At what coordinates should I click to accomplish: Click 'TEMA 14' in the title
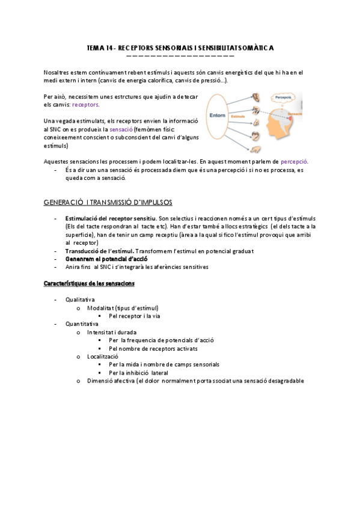coord(99,48)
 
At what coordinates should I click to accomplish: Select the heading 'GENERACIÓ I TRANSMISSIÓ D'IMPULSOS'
coord(109,202)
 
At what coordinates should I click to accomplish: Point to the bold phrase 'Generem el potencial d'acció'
coord(103,258)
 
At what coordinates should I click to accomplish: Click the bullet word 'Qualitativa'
coord(80,299)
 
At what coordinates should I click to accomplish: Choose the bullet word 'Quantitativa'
coord(82,324)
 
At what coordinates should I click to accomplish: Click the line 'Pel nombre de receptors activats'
coord(153,348)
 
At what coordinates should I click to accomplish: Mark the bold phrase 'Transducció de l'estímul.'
coord(100,250)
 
